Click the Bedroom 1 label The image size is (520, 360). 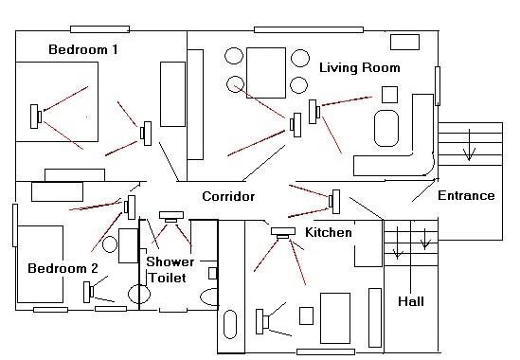coord(83,49)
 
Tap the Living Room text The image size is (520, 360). coord(360,67)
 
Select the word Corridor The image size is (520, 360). coord(228,196)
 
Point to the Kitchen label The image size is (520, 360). coord(329,232)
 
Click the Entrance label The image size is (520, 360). coord(466,195)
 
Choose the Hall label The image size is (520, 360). coord(411,301)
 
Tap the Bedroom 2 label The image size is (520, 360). coord(63,268)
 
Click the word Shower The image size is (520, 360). coord(170,261)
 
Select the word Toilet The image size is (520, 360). coord(168,278)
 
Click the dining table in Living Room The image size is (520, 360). coord(266,73)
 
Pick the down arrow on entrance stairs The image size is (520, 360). coord(469,145)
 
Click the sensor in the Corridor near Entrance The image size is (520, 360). coord(334,202)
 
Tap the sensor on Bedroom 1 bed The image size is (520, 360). coord(35,117)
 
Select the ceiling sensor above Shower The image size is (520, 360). coord(171,217)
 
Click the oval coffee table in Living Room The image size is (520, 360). coord(386,129)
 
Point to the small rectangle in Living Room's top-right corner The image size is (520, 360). coord(404,42)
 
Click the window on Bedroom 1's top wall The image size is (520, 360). coord(99,29)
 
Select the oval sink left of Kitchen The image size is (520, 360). coord(230,324)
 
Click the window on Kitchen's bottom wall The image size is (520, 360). coord(326,351)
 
